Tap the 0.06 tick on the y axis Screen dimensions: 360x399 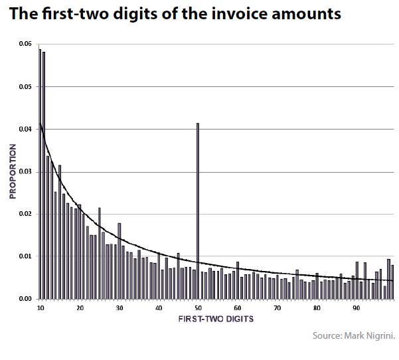[x=25, y=44]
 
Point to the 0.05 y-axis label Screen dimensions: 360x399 [x=25, y=86]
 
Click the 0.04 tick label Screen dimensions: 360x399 [x=25, y=129]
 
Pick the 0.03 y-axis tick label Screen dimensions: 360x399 [x=25, y=171]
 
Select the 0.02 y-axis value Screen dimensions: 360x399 [x=25, y=214]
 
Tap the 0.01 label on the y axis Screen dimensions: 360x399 [x=25, y=256]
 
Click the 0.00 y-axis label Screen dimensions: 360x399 [x=25, y=299]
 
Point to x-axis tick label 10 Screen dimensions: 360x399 [x=40, y=308]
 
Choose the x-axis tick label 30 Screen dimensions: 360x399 [x=119, y=308]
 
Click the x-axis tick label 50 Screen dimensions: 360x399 [x=198, y=308]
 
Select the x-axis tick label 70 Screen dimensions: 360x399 [x=277, y=308]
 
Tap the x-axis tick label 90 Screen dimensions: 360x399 [x=356, y=308]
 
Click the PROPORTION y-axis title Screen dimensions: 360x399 [x=12, y=171]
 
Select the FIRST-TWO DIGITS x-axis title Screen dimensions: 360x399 [x=215, y=320]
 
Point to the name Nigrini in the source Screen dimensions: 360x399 [x=380, y=336]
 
